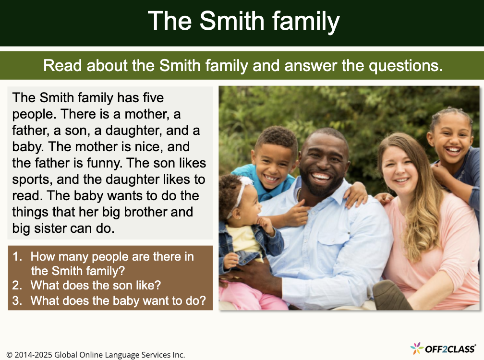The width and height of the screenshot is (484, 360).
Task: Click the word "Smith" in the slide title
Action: point(232,21)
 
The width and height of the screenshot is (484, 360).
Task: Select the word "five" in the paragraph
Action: point(153,97)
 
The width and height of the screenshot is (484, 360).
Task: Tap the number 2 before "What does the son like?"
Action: point(17,285)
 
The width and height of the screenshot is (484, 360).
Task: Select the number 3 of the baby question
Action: point(17,300)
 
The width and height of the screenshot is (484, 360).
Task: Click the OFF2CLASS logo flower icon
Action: point(417,348)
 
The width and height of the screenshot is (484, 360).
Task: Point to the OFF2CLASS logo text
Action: point(450,349)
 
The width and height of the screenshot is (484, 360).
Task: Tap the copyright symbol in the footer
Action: point(9,355)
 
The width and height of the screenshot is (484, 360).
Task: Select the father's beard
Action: point(321,186)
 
